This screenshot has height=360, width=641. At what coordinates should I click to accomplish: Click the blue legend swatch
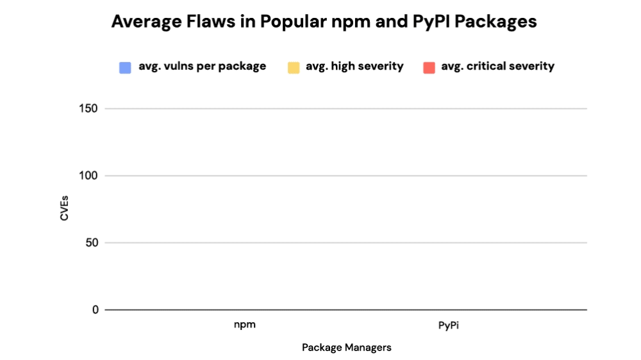pyautogui.click(x=125, y=67)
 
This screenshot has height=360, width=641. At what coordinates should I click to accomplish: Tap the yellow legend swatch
pyautogui.click(x=294, y=67)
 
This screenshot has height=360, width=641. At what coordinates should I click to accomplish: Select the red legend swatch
pyautogui.click(x=429, y=67)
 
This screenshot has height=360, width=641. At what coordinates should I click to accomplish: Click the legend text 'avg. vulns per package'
pyautogui.click(x=202, y=66)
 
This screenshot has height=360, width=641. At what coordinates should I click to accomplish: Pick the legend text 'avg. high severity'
pyautogui.click(x=354, y=66)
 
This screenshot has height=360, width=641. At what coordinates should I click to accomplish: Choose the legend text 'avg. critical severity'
pyautogui.click(x=497, y=66)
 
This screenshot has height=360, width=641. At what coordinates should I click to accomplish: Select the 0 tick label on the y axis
pyautogui.click(x=95, y=310)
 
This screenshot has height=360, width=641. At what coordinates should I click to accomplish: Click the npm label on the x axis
pyautogui.click(x=244, y=325)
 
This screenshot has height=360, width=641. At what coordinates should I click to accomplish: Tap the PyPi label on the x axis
pyautogui.click(x=449, y=325)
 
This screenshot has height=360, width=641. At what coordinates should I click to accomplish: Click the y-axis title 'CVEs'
pyautogui.click(x=64, y=209)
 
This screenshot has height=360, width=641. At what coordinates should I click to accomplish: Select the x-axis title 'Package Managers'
pyautogui.click(x=346, y=347)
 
